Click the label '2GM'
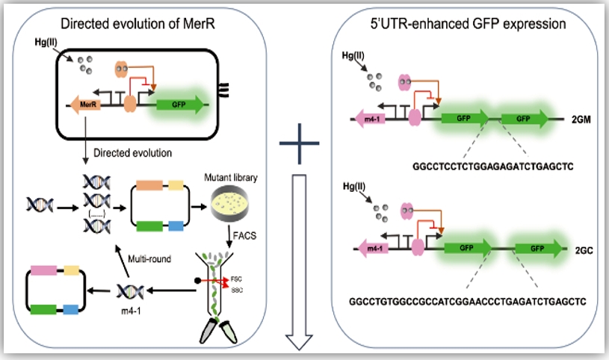(581, 118)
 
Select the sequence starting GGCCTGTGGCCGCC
(466, 301)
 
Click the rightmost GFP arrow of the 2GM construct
(528, 118)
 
